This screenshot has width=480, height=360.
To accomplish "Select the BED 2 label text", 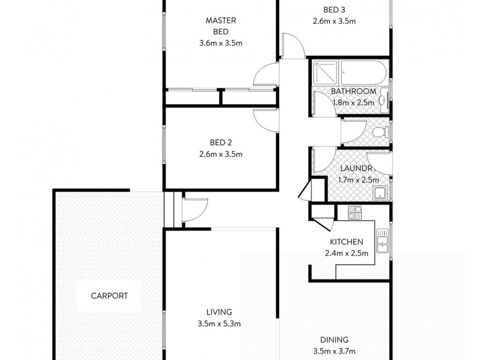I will [221, 143].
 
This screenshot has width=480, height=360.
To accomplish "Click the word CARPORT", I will [109, 296].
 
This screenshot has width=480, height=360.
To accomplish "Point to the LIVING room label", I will [219, 312].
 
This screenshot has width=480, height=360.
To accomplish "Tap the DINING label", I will [334, 340].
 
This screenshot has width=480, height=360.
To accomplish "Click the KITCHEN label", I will [346, 242].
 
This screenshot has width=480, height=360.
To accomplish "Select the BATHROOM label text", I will [354, 91].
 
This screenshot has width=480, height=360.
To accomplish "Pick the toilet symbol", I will [380, 131].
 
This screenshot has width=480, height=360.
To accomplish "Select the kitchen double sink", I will [382, 243].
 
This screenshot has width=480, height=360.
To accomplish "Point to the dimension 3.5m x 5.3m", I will [220, 324].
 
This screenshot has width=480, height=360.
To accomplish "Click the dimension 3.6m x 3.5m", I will [221, 43].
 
